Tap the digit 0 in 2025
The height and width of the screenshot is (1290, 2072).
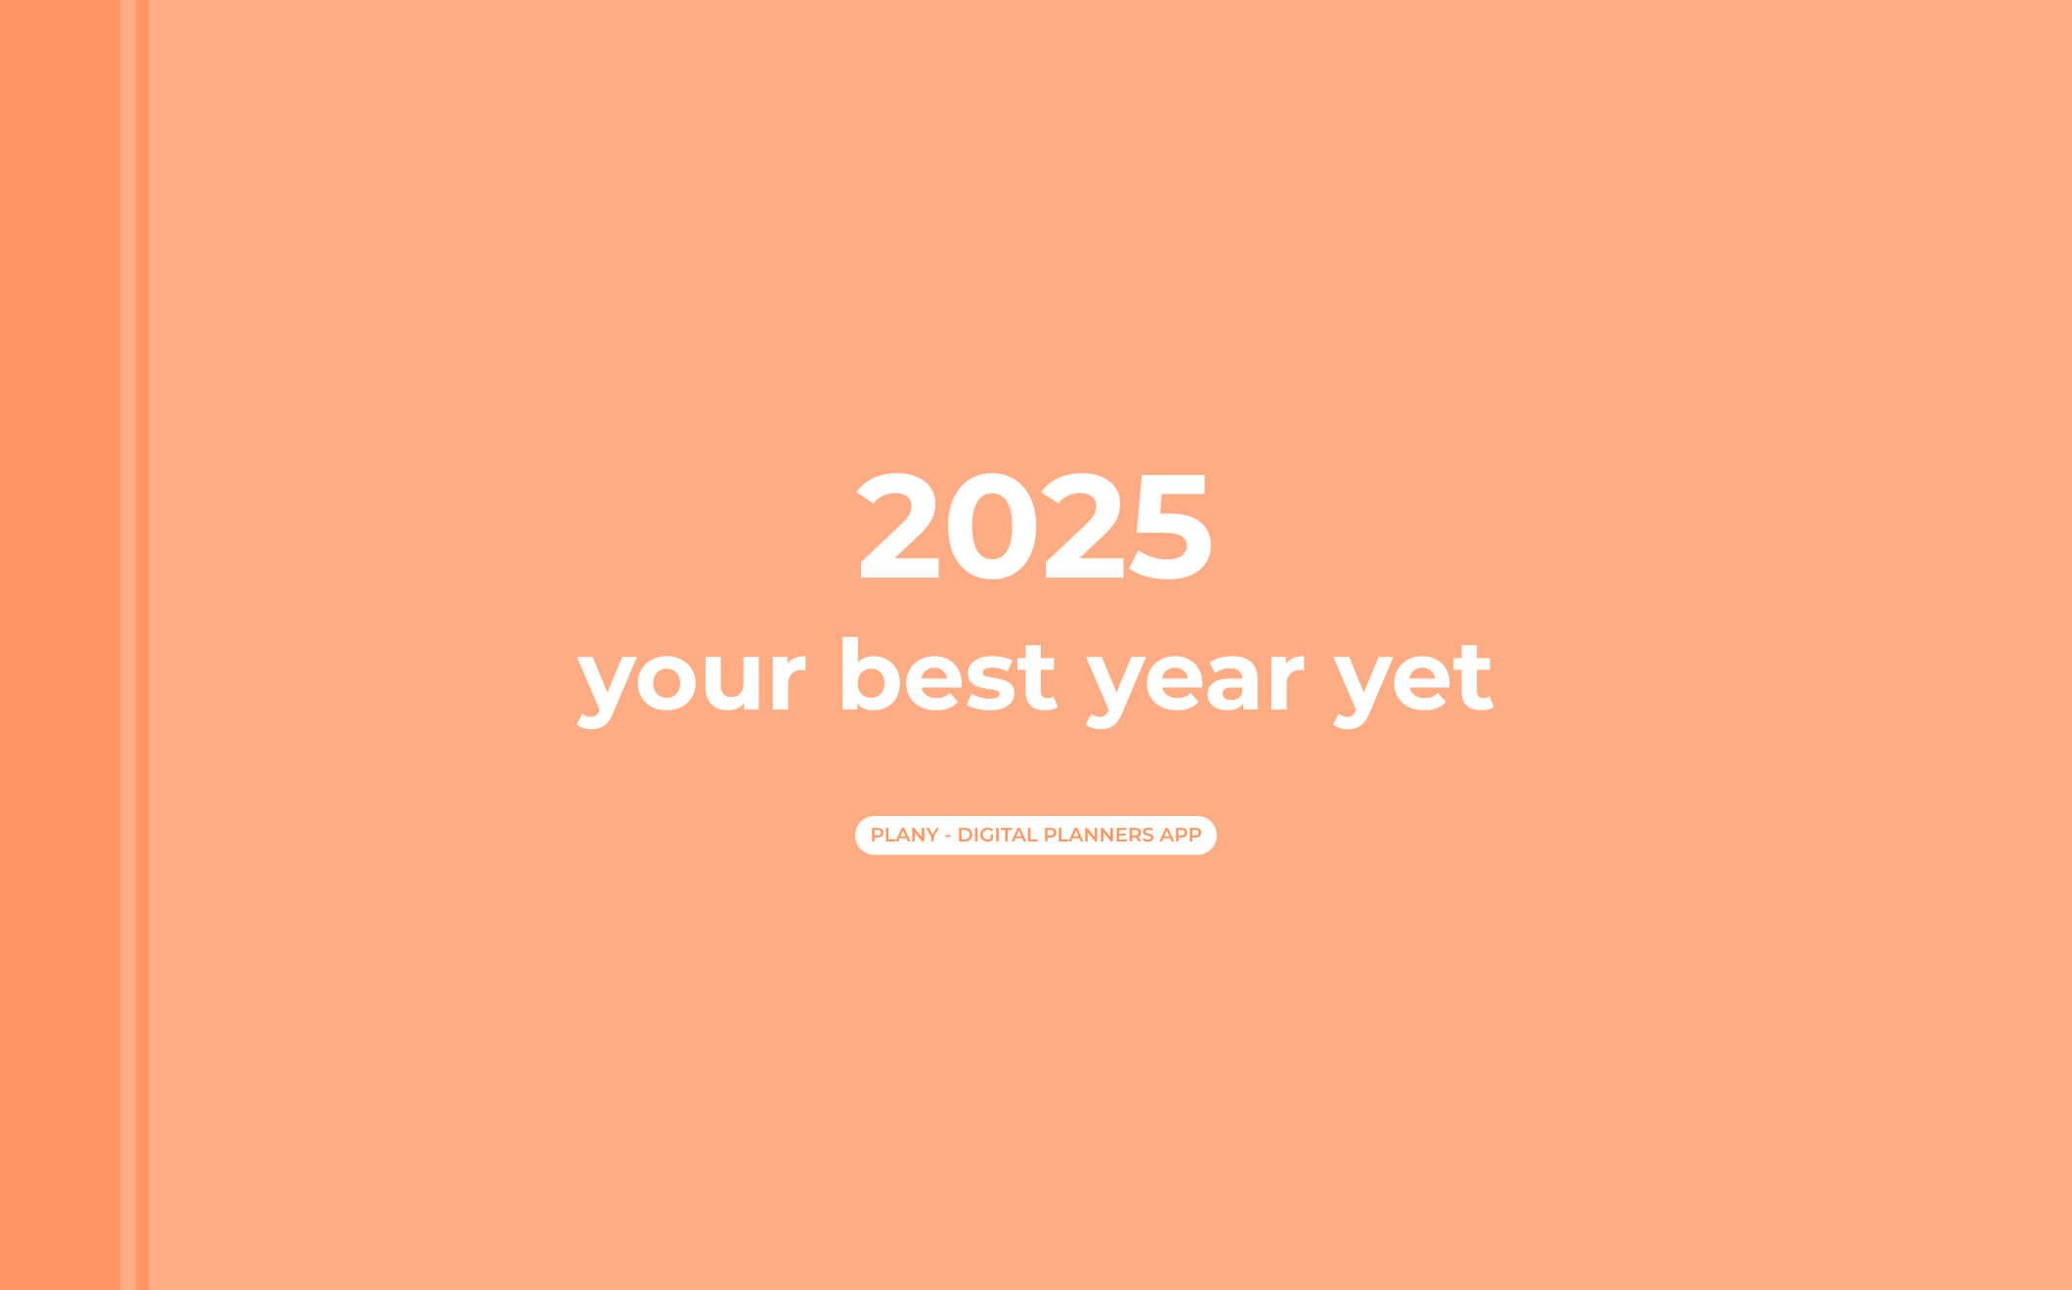click(x=993, y=526)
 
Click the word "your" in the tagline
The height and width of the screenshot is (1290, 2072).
click(x=691, y=682)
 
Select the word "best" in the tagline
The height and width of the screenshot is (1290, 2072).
click(x=947, y=675)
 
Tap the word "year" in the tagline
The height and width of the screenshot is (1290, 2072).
click(x=1196, y=682)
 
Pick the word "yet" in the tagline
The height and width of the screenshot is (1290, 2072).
click(x=1413, y=680)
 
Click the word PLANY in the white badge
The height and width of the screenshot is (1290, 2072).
click(x=904, y=836)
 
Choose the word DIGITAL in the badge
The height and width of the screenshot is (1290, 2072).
click(x=997, y=836)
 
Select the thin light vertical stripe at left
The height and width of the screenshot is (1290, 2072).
click(x=128, y=645)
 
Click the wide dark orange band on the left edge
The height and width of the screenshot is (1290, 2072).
click(x=60, y=645)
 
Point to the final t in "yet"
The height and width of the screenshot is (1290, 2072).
click(x=1469, y=676)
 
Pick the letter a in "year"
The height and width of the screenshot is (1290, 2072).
click(x=1227, y=682)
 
